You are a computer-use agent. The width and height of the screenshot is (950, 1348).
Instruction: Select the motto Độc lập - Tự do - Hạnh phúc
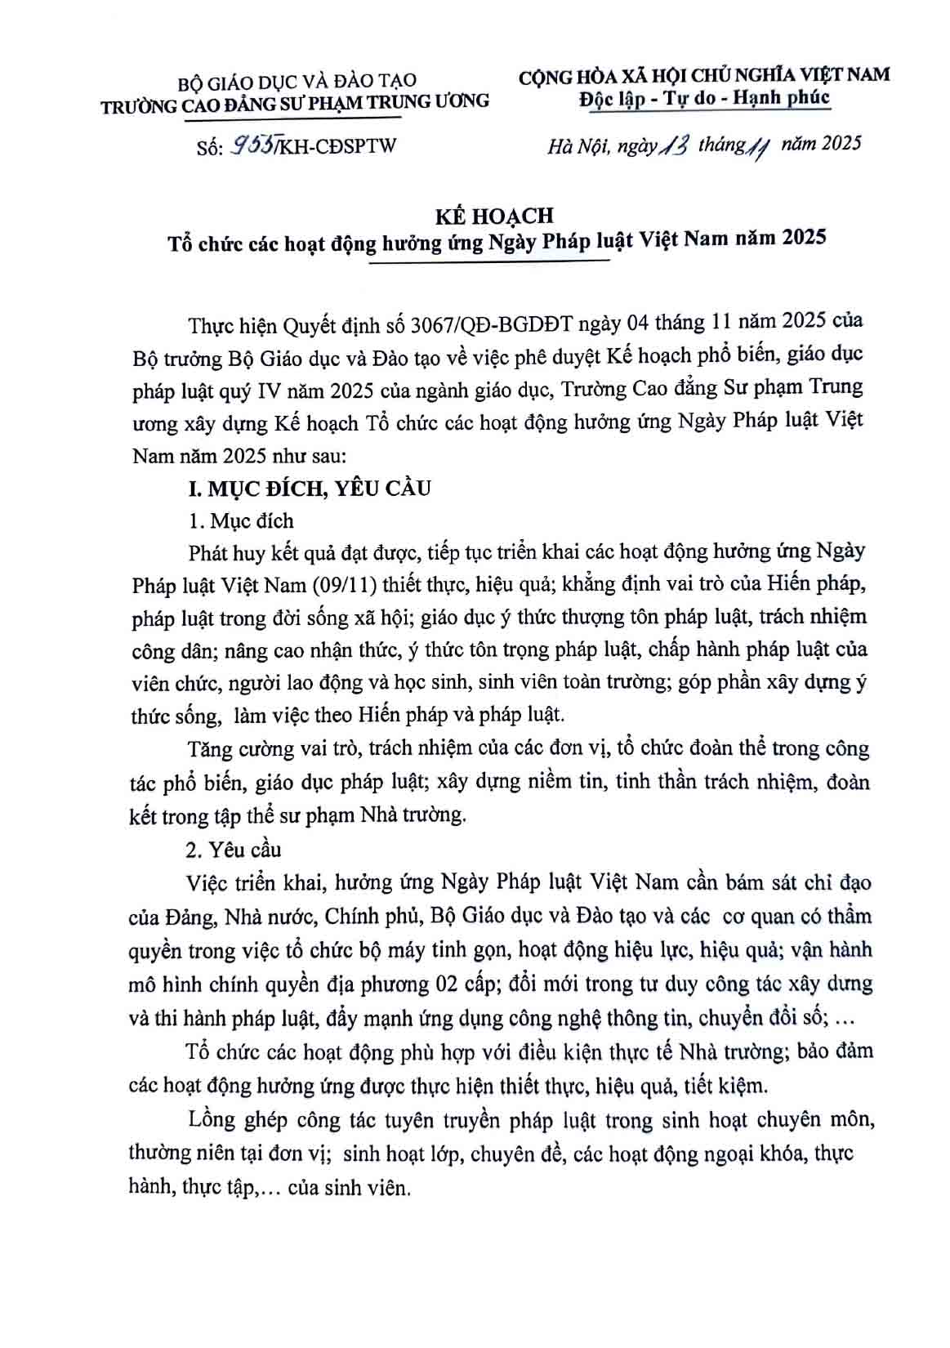click(703, 98)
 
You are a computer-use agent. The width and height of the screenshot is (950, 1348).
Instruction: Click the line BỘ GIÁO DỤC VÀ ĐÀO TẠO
click(297, 80)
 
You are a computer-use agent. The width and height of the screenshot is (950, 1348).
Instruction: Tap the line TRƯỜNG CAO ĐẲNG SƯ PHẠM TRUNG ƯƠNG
click(295, 101)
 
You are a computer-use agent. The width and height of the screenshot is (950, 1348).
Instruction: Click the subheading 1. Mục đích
click(240, 521)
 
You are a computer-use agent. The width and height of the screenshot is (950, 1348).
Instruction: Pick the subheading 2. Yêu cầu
click(234, 850)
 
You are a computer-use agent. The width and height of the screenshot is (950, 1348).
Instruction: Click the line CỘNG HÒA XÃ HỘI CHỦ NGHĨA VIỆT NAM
click(703, 75)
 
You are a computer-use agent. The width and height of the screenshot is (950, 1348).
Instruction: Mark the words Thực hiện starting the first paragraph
click(234, 324)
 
